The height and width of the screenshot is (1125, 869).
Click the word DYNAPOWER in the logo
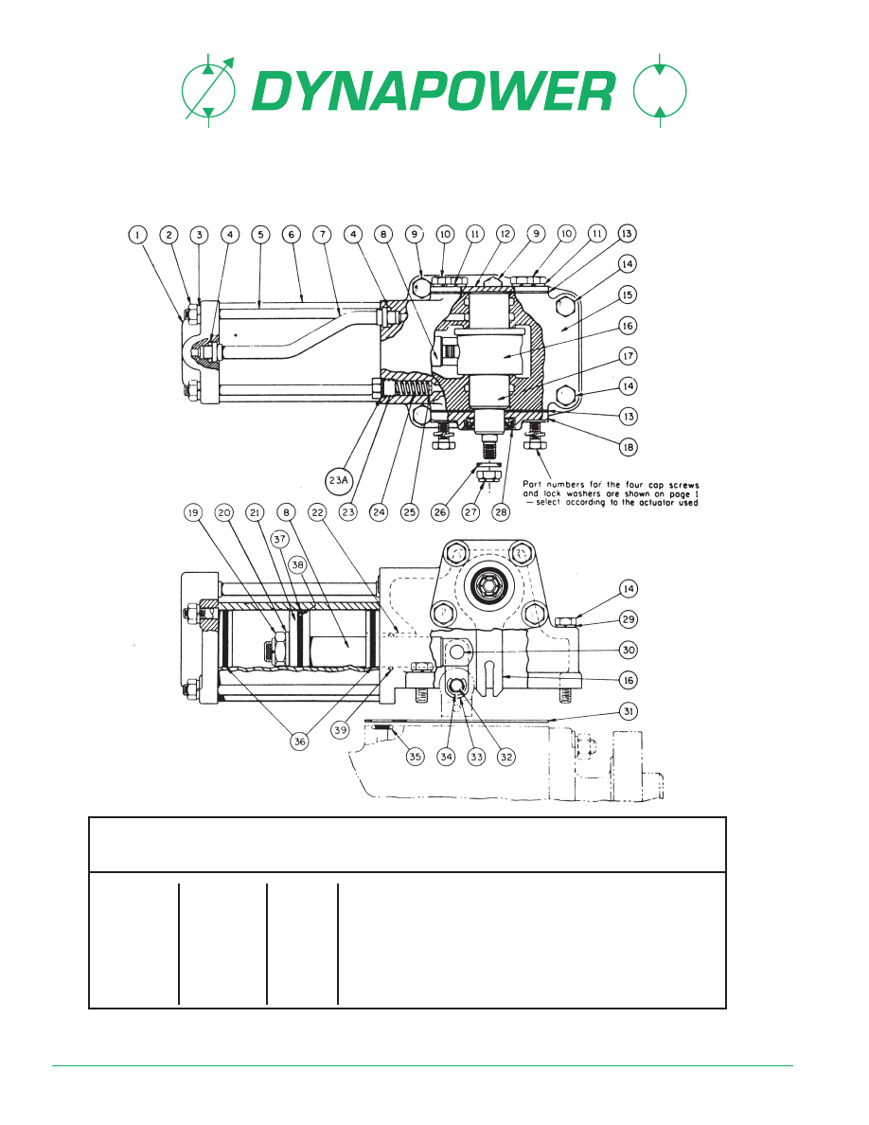click(434, 90)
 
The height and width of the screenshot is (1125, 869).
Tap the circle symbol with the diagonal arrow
click(208, 90)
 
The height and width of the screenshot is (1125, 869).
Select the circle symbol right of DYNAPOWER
click(661, 90)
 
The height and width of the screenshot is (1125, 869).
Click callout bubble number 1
click(137, 235)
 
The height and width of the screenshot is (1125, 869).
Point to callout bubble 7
click(323, 235)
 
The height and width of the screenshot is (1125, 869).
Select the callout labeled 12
click(505, 234)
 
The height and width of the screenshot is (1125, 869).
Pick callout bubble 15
click(629, 295)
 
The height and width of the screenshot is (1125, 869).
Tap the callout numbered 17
click(629, 356)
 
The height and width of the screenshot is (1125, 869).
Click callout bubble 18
click(629, 447)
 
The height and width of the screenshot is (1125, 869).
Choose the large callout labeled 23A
click(339, 480)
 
